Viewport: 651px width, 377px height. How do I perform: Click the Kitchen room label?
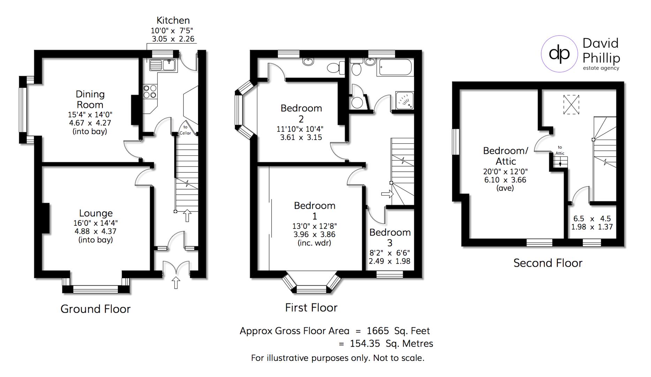tap(173, 20)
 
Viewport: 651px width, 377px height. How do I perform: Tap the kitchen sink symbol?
tap(163, 65)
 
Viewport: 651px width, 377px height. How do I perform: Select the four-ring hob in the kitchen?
tap(150, 91)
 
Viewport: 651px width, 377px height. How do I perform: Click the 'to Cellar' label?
tap(185, 130)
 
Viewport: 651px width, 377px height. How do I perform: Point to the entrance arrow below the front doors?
tap(176, 283)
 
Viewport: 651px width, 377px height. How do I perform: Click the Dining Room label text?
tap(90, 99)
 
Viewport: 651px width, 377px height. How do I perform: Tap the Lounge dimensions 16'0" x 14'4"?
tap(96, 223)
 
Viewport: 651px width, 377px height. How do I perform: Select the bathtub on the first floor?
tap(395, 67)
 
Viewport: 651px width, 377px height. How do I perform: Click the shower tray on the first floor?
tap(404, 100)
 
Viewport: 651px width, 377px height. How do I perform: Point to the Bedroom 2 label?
tap(301, 113)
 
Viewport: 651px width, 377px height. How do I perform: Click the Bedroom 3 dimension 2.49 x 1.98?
tap(389, 261)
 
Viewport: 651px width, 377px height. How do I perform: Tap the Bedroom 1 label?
tap(315, 210)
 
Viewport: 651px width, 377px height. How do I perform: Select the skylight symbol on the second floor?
tap(571, 105)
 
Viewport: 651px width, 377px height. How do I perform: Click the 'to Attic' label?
tap(560, 150)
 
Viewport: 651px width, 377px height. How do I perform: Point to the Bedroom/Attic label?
tap(506, 156)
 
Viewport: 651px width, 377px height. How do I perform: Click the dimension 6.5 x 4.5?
tap(592, 219)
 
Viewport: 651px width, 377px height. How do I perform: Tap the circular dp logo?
tap(559, 54)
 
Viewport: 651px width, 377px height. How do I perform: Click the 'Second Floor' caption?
tap(547, 263)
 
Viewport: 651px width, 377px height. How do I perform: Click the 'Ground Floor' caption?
tap(96, 309)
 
